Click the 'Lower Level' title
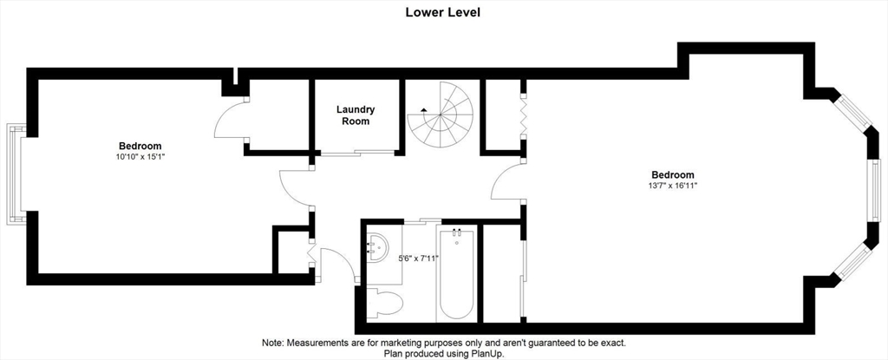[443, 12]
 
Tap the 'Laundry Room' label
[356, 115]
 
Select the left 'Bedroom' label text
[140, 146]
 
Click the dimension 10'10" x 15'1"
[140, 157]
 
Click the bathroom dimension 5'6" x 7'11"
[418, 258]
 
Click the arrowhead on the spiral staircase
[423, 109]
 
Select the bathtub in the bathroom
[456, 273]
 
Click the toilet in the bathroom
[387, 304]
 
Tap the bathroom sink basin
[380, 248]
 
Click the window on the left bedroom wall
[15, 174]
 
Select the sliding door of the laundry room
[356, 154]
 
